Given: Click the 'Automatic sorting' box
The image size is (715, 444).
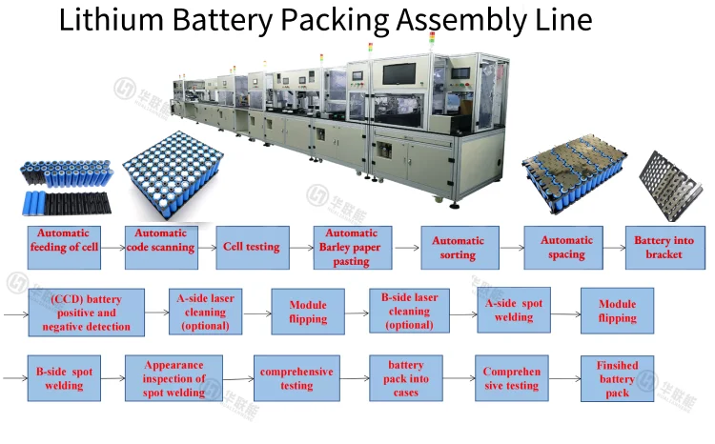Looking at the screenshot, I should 459,248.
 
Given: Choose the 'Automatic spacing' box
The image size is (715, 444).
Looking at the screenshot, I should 567,248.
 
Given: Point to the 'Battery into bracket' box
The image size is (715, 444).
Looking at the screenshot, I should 665,248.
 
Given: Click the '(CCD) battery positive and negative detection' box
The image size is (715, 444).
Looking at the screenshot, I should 85,312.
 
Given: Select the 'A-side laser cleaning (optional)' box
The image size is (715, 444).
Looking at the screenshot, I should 206,312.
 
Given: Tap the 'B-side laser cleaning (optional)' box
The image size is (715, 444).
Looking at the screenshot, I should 409,311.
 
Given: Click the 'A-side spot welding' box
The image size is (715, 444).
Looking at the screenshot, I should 514,311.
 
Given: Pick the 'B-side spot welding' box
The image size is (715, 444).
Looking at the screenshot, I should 60,378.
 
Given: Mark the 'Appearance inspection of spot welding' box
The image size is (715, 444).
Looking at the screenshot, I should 174,378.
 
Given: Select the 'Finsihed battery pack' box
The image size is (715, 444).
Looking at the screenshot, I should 617,378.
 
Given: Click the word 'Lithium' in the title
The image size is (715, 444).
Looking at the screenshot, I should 106,20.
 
